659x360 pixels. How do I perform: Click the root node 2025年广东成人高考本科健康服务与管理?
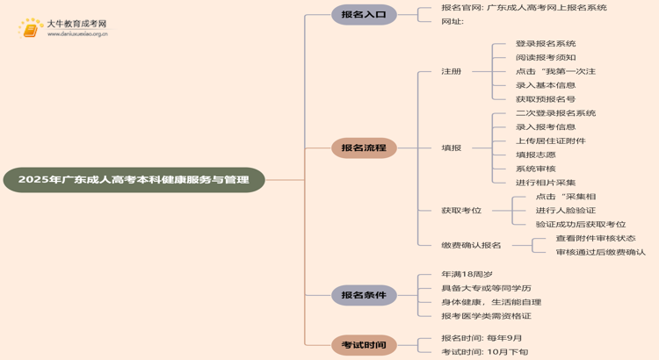[x=134, y=180]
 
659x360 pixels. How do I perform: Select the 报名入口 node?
[x=364, y=14]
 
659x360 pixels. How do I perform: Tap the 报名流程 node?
[x=364, y=148]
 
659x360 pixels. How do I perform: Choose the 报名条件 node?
[x=364, y=295]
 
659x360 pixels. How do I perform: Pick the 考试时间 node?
[x=364, y=345]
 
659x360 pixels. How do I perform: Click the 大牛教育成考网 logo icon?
[x=31, y=29]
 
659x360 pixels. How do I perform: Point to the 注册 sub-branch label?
[x=451, y=71]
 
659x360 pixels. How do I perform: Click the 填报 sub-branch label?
[x=451, y=148]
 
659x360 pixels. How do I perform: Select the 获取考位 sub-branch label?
[x=461, y=211]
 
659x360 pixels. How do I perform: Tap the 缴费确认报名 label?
[x=471, y=245]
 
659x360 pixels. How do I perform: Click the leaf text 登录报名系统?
[x=546, y=44]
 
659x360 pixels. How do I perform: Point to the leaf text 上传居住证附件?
[x=550, y=140]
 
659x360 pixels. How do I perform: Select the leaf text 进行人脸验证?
[x=565, y=211]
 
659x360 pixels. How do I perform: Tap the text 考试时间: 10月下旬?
[x=484, y=352]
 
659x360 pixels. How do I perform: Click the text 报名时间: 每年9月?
[x=482, y=338]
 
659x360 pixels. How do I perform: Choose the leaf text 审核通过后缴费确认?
[x=600, y=252]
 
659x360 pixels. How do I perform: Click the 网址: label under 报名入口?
[x=453, y=21]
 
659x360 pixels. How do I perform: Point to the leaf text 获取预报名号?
[x=546, y=99]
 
